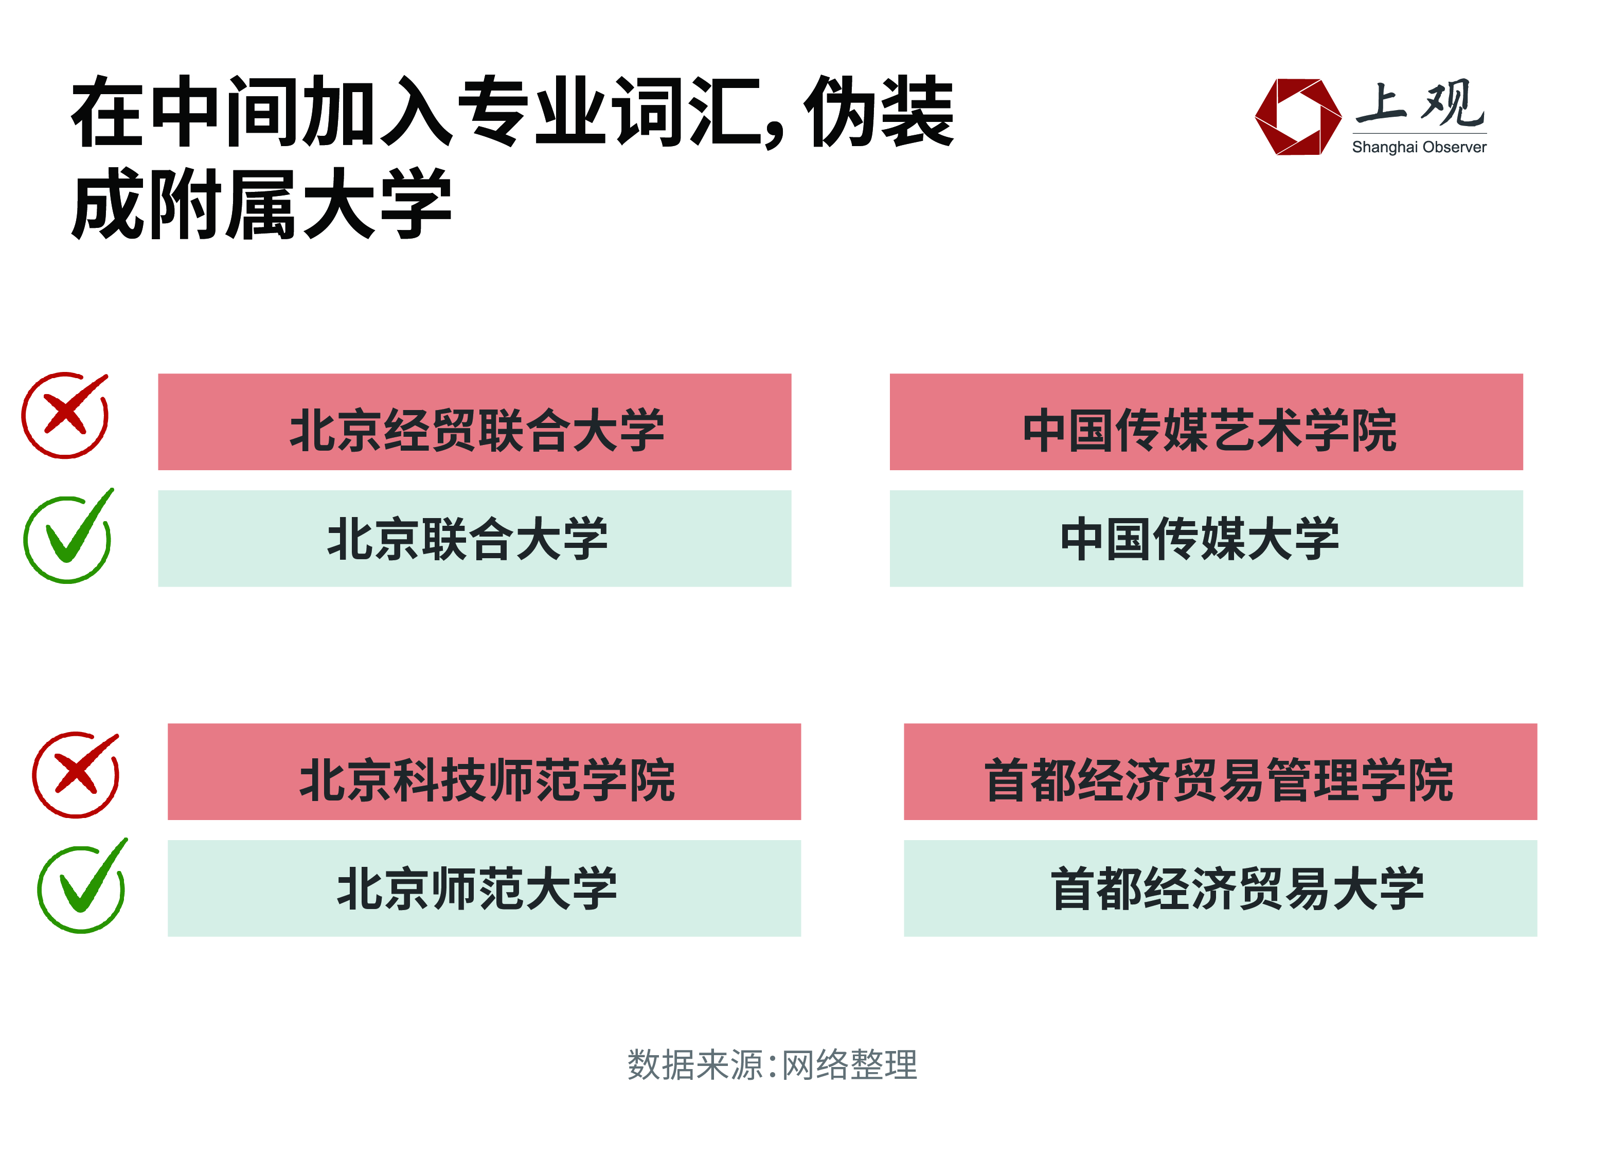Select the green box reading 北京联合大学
coord(475,539)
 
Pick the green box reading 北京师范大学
coord(485,889)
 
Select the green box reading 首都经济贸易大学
coord(1221,889)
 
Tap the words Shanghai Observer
coord(1420,147)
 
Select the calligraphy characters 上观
coord(1420,104)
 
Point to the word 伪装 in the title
coord(879,112)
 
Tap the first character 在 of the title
coord(109,112)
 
